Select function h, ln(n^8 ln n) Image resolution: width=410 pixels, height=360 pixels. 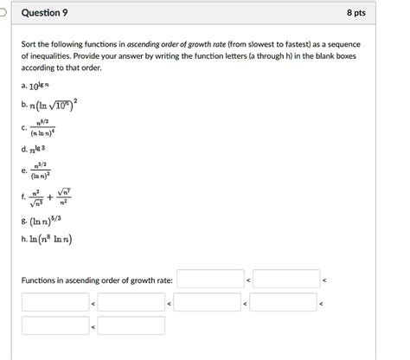pos(54,240)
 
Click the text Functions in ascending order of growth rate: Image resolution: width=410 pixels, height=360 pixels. pos(97,280)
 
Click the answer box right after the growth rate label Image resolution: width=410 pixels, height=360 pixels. pos(211,280)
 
